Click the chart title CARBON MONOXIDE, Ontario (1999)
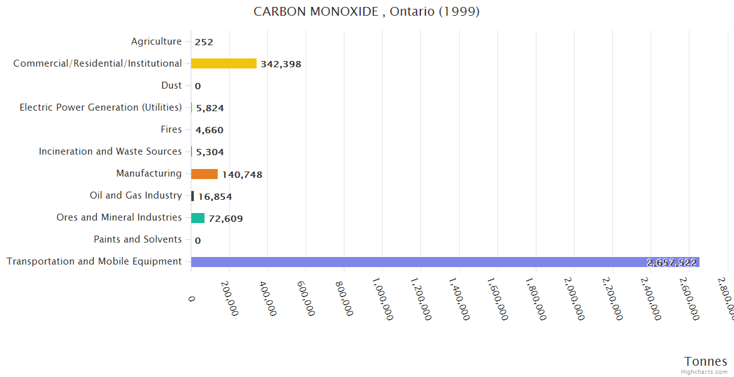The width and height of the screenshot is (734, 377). click(x=366, y=12)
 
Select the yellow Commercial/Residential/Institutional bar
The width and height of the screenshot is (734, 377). click(x=223, y=63)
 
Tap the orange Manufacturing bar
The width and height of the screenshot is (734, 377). click(x=205, y=174)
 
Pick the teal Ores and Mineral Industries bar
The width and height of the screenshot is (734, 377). click(x=198, y=218)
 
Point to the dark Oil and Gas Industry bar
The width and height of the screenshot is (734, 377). click(x=193, y=196)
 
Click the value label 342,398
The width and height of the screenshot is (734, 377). click(x=280, y=64)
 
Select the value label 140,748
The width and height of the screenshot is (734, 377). click(x=242, y=175)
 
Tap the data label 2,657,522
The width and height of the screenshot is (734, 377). click(x=671, y=263)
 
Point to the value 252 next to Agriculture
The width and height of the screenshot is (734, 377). click(x=204, y=42)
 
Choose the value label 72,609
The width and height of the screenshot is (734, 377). click(x=226, y=219)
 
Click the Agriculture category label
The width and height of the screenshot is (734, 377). click(x=156, y=41)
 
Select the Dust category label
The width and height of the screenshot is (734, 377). click(x=171, y=85)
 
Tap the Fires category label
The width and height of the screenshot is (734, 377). click(x=171, y=129)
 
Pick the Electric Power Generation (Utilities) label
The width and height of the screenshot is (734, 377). click(x=100, y=107)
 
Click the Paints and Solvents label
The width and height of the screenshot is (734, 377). click(x=137, y=239)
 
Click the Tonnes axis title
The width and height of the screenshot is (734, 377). click(x=705, y=361)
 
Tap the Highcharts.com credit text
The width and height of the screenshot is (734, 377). click(x=705, y=372)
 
